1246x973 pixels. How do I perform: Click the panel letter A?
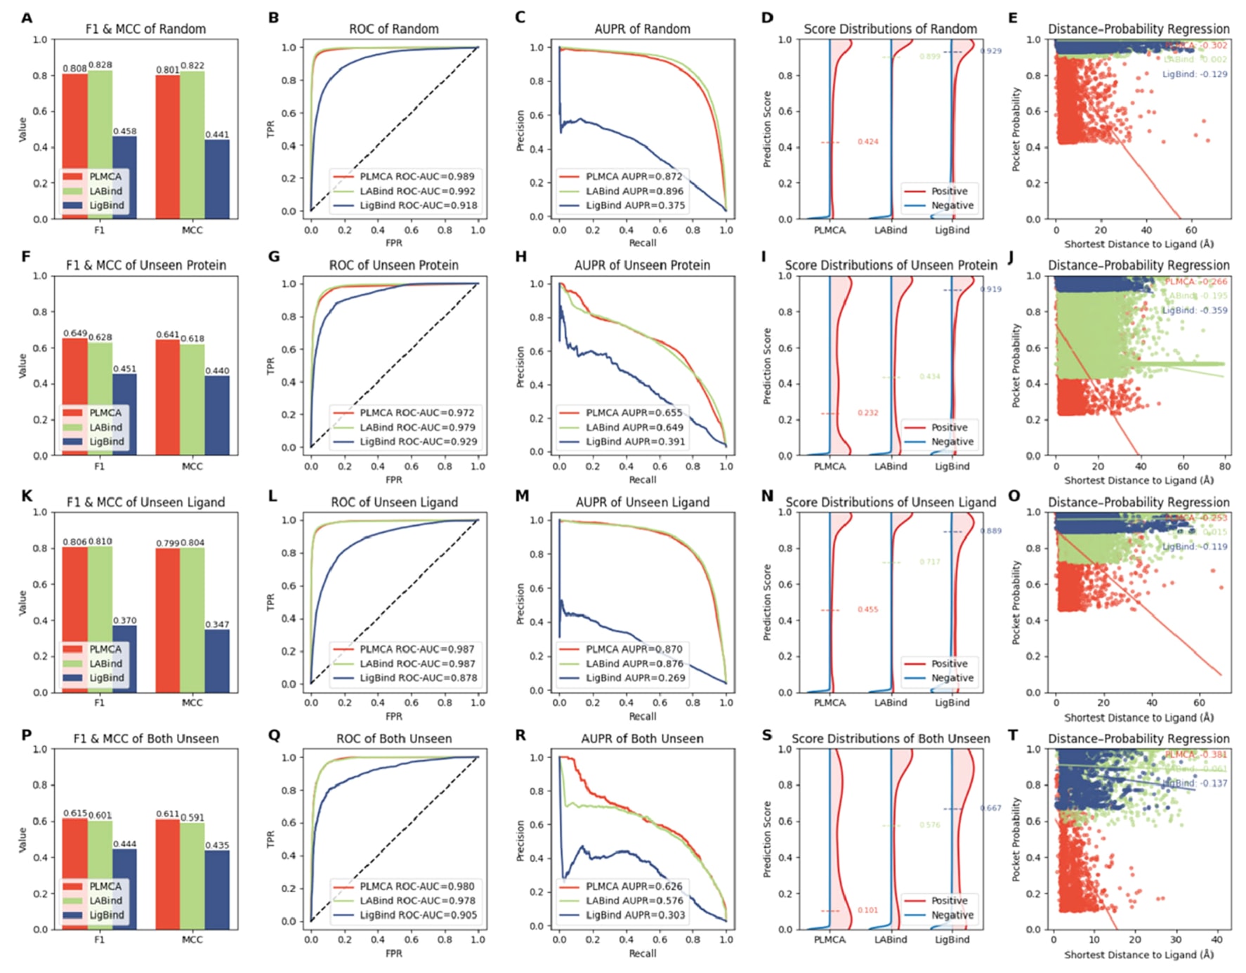27,18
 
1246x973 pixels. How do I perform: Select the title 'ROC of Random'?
393,29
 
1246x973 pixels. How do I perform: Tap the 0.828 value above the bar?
100,65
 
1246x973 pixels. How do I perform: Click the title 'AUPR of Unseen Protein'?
642,265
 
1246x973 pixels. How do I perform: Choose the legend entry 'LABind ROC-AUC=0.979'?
417,427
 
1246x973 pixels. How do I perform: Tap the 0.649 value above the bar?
75,333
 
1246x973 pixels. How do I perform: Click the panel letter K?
27,496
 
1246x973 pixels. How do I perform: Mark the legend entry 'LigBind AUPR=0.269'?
635,678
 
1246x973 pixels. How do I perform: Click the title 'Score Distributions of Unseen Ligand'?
890,502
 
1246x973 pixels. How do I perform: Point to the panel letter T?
1013,735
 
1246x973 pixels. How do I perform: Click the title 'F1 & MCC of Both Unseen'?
146,739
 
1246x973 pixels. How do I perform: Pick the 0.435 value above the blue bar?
217,845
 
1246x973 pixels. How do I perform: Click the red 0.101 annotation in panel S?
867,910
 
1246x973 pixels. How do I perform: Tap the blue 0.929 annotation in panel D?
990,51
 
